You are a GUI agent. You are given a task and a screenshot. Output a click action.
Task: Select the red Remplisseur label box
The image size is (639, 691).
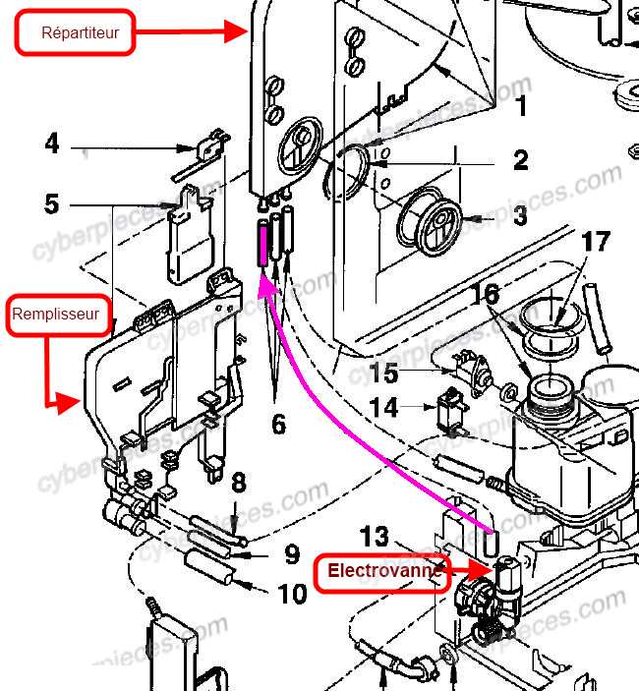tap(55, 316)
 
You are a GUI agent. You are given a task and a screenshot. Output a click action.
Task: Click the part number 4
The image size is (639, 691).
tap(52, 144)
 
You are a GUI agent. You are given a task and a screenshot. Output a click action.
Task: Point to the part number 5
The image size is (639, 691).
tap(52, 204)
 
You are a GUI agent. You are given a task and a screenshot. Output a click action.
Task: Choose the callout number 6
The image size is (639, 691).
tap(278, 424)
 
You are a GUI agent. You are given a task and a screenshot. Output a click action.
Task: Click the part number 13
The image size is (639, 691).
tap(375, 536)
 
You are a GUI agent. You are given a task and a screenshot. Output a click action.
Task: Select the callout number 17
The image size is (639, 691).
tap(596, 241)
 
